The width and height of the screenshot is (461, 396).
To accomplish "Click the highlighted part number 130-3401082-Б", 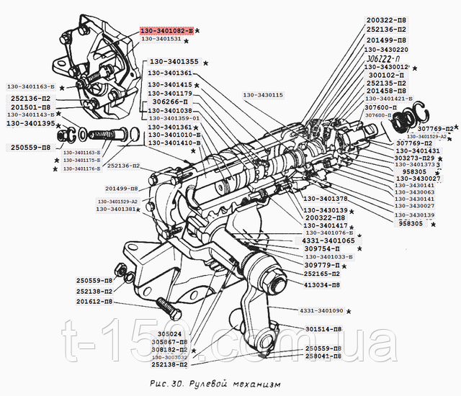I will click(x=166, y=32).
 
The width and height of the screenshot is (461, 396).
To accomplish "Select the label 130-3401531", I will click(x=164, y=40).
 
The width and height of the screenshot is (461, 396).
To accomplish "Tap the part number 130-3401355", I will click(x=173, y=62).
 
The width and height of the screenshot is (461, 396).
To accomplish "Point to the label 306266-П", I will click(x=171, y=102).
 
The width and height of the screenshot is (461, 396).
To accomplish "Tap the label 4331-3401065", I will click(x=334, y=240).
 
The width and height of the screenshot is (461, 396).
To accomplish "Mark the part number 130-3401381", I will click(x=117, y=209).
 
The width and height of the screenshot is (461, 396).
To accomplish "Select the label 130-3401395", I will click(x=31, y=124).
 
